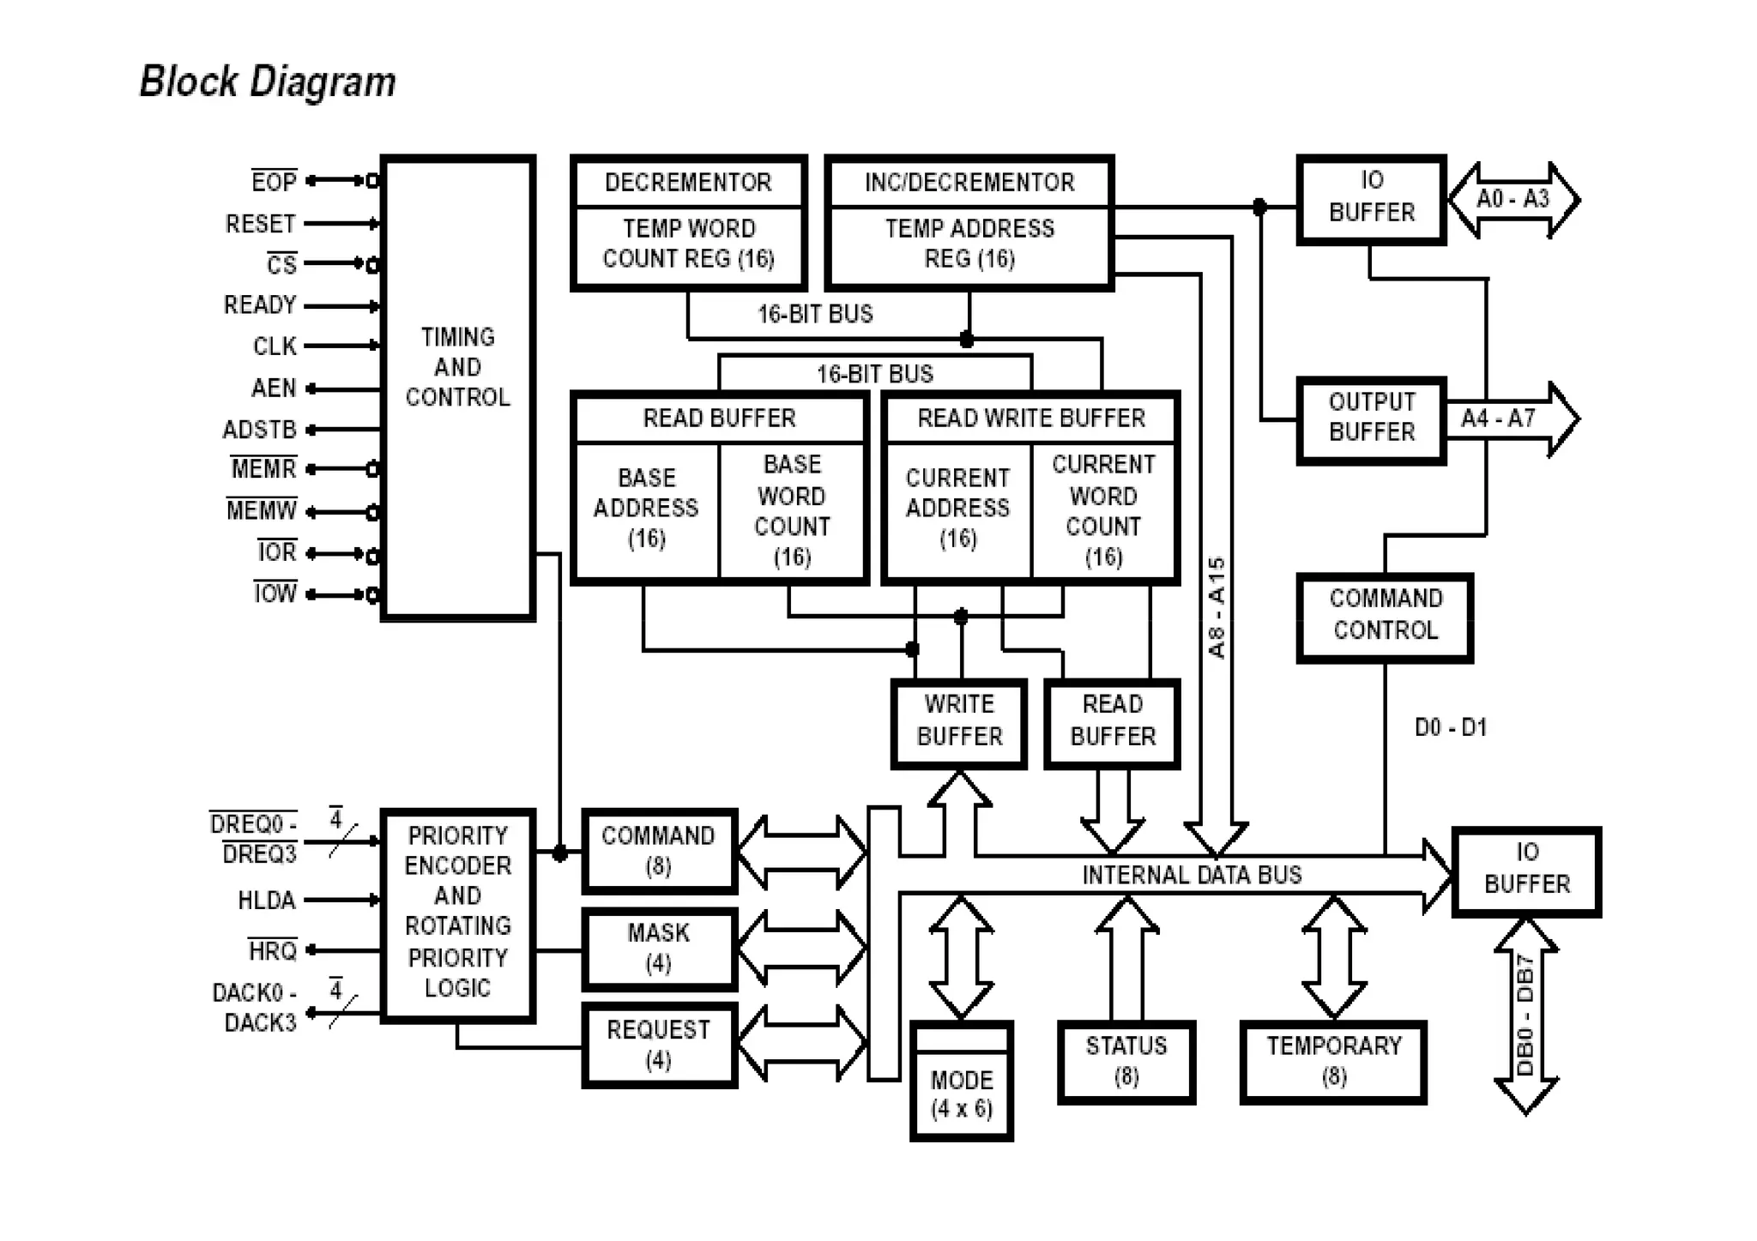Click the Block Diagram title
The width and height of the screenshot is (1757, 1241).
[267, 82]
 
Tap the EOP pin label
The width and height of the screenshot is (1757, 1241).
[274, 182]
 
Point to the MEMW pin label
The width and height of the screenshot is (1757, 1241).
[262, 510]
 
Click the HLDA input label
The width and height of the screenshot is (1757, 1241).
[266, 901]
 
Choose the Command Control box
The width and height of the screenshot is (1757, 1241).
[1385, 616]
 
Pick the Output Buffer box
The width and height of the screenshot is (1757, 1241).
[1371, 419]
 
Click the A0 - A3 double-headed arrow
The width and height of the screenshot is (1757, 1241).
[1513, 200]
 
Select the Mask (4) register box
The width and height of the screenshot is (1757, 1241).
[658, 949]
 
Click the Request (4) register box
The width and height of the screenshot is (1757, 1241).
[658, 1045]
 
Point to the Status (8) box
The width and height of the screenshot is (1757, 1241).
[1126, 1062]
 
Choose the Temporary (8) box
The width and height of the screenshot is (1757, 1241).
[1333, 1062]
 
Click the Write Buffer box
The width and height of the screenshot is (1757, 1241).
[959, 722]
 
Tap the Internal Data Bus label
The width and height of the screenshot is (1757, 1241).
[1192, 875]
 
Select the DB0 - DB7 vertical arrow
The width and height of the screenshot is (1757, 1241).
[1525, 1016]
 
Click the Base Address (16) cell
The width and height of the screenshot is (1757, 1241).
[646, 509]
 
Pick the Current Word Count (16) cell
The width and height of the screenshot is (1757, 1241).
[1103, 510]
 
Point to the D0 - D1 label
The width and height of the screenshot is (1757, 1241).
[1450, 728]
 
